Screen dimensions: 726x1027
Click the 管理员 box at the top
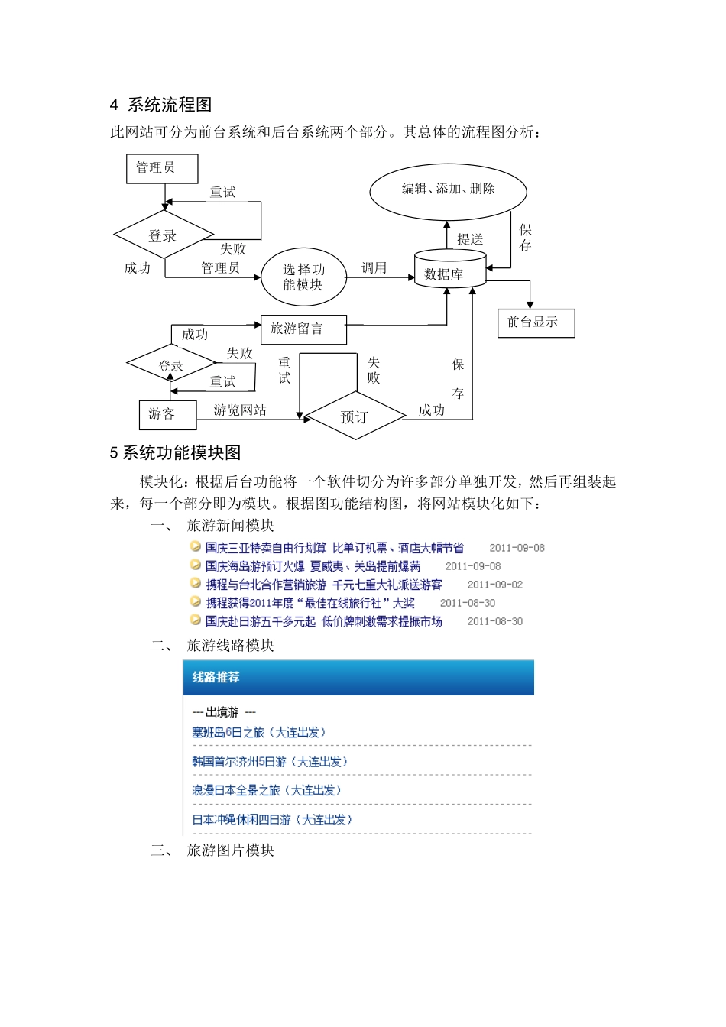161,168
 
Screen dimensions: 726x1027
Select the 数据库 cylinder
449,272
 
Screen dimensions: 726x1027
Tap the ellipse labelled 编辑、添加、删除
448,190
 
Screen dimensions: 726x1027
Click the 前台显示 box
535,322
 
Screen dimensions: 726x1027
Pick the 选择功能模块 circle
303,277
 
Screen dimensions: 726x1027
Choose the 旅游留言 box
303,329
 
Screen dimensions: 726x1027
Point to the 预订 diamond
355,416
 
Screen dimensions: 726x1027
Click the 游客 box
167,414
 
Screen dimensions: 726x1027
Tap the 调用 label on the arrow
374,267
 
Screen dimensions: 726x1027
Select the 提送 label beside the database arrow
470,239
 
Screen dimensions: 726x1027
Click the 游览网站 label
240,410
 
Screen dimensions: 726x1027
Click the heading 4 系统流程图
160,105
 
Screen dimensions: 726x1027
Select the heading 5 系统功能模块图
175,453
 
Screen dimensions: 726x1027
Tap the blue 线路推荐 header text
216,678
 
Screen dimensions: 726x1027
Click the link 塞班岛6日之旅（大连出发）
258,733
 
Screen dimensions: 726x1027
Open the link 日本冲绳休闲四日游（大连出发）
272,820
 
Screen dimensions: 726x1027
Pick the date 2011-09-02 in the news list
495,585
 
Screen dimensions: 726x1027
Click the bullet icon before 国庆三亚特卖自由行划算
196,547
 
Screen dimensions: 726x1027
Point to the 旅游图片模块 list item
230,850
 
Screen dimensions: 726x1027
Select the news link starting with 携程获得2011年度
310,603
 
